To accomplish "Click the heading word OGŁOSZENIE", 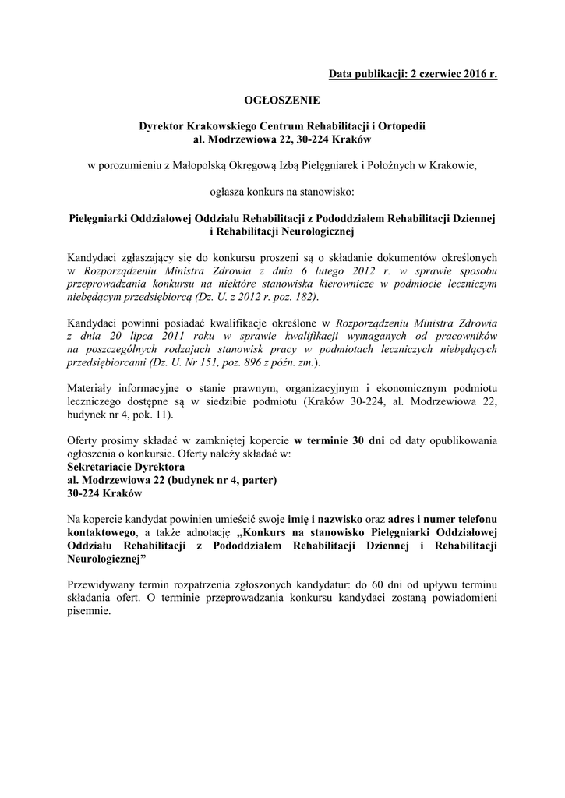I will tap(282, 100).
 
